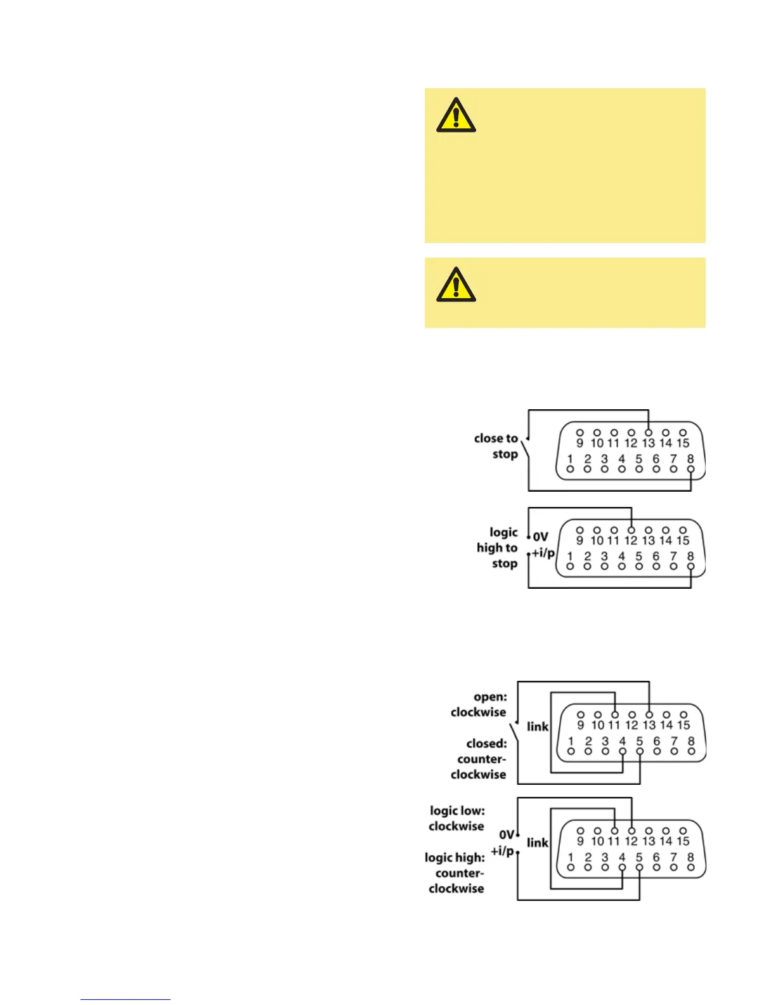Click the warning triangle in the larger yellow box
tap(456, 115)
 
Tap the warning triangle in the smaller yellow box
tap(456, 284)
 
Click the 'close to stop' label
tap(496, 446)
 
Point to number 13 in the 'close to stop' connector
tap(648, 443)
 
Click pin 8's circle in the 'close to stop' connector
tap(691, 470)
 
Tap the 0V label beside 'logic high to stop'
tap(540, 537)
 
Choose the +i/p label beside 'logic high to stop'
tap(543, 553)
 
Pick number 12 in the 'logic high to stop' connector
tap(631, 541)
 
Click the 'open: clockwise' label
tap(479, 704)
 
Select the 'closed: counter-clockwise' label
tap(480, 759)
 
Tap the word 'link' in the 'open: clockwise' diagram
tap(538, 726)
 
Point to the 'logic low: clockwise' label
tap(457, 818)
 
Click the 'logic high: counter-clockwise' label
tap(455, 873)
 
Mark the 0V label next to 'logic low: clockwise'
tap(507, 834)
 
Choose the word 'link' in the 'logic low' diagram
tap(538, 843)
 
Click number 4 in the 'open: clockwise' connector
tap(623, 741)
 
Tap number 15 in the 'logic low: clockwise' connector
tap(683, 841)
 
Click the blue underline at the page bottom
tap(126, 999)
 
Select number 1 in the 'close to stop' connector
tap(570, 459)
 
